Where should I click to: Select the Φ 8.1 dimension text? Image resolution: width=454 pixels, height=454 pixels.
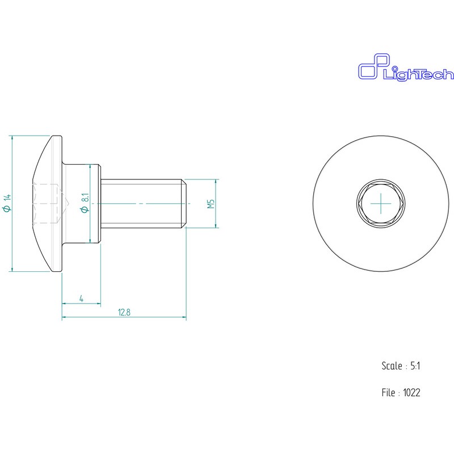(85, 203)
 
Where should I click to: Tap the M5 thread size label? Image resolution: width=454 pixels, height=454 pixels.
(211, 204)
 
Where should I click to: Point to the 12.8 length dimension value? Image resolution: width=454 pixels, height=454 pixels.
(124, 313)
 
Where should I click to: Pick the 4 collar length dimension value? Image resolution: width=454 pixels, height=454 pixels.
(81, 299)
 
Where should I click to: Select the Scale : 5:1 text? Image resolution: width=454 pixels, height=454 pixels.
(401, 366)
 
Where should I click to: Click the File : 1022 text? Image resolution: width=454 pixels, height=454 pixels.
(401, 393)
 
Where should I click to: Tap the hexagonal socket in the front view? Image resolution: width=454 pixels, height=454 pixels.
(381, 204)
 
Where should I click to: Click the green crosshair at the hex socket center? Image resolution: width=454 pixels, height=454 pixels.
(381, 204)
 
